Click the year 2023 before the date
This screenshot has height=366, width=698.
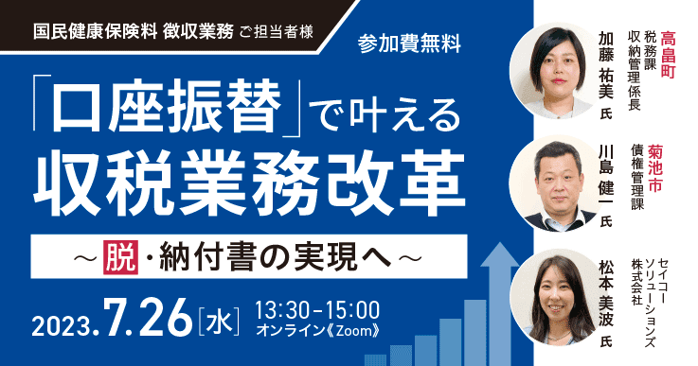tap(61, 323)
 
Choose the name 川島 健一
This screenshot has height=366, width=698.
tap(607, 180)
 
